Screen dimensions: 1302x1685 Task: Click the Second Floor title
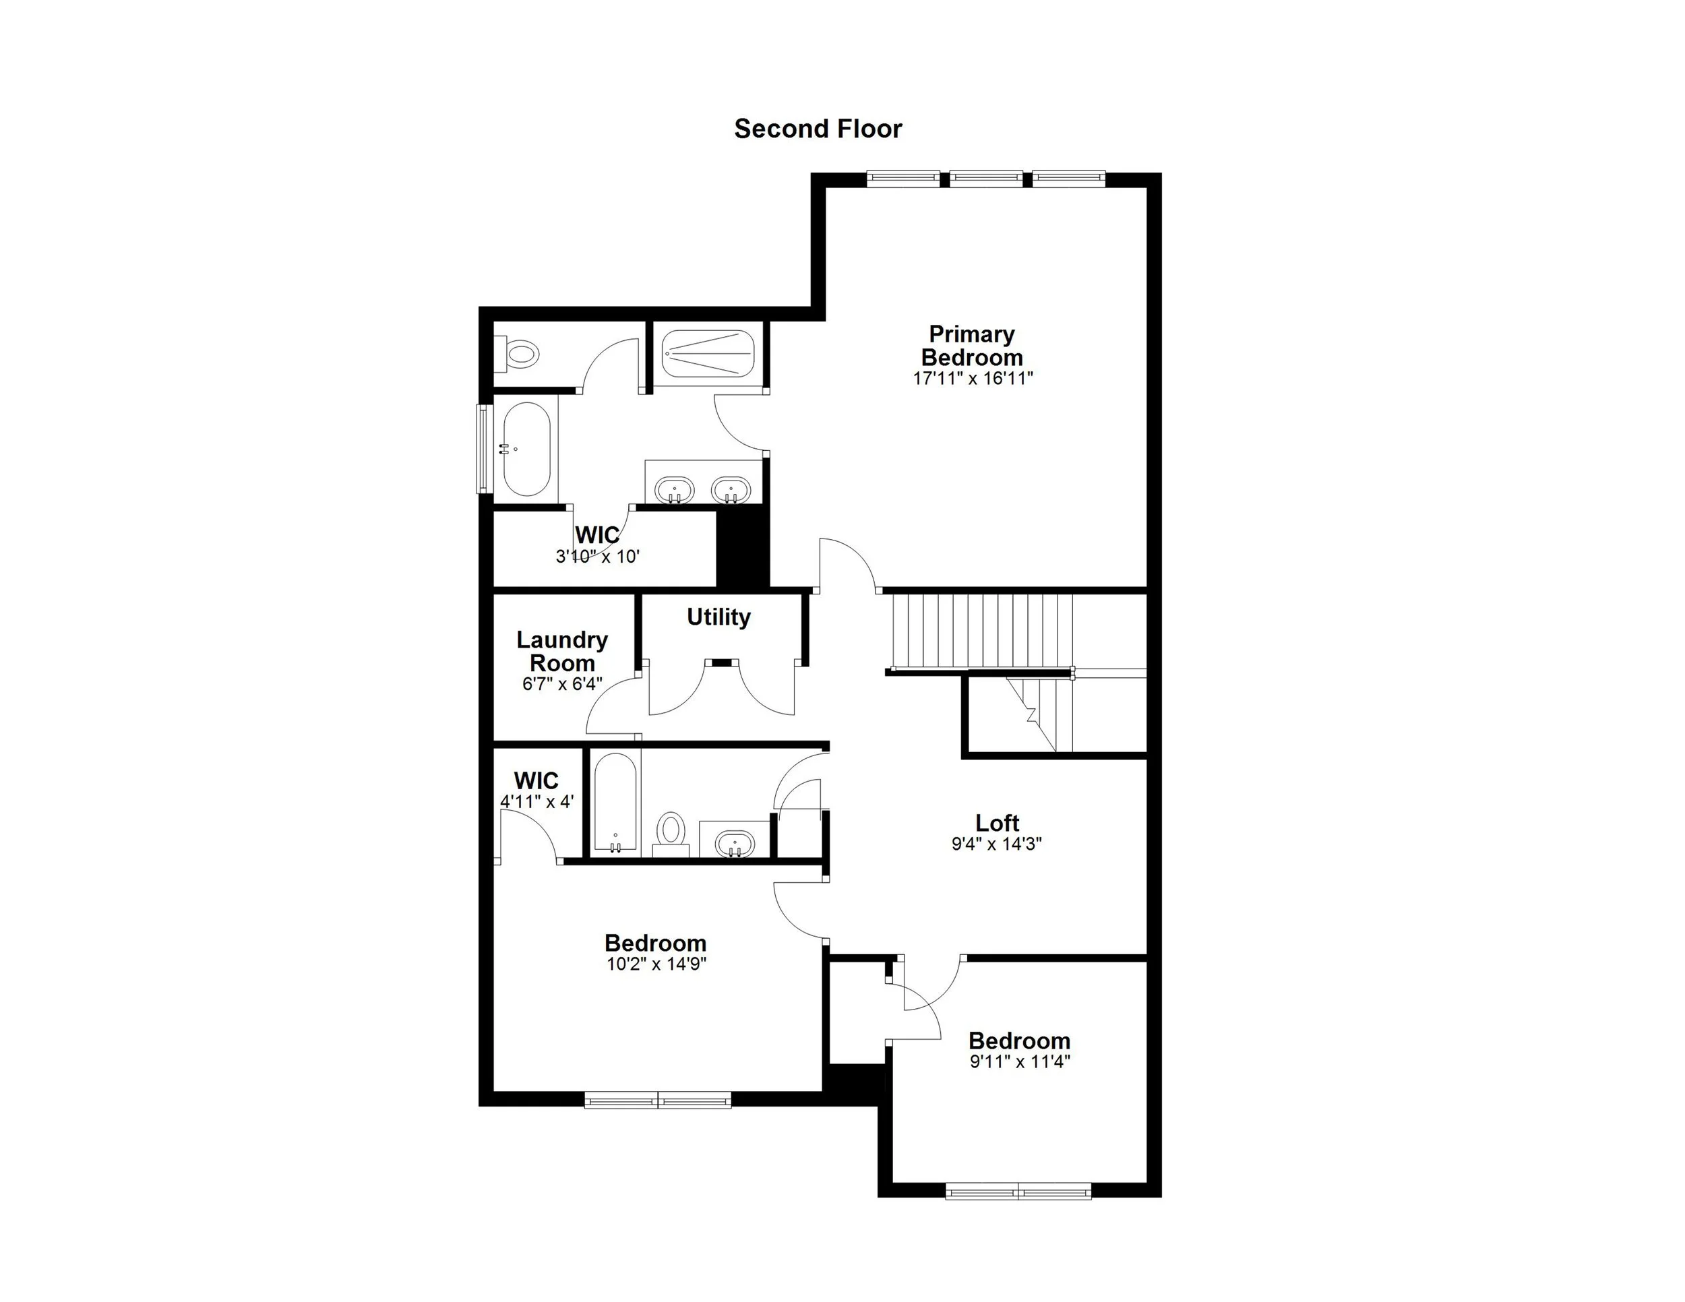[818, 129]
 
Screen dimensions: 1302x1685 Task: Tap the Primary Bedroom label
[971, 346]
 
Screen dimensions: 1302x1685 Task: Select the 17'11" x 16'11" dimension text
[972, 379]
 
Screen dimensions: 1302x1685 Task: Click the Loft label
[997, 823]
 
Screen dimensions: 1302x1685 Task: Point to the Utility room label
[718, 617]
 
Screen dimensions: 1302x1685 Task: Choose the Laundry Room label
[561, 651]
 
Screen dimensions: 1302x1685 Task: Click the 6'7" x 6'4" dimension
[561, 684]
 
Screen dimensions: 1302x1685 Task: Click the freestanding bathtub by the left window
[526, 449]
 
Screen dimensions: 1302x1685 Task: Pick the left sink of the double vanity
[674, 490]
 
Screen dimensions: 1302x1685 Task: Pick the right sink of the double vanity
[731, 490]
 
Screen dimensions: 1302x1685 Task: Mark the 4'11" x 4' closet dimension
[537, 802]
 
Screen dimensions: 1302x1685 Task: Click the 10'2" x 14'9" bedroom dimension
[656, 964]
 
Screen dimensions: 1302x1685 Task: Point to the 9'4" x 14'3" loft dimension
[997, 844]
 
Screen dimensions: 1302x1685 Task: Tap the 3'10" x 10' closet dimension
[598, 557]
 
